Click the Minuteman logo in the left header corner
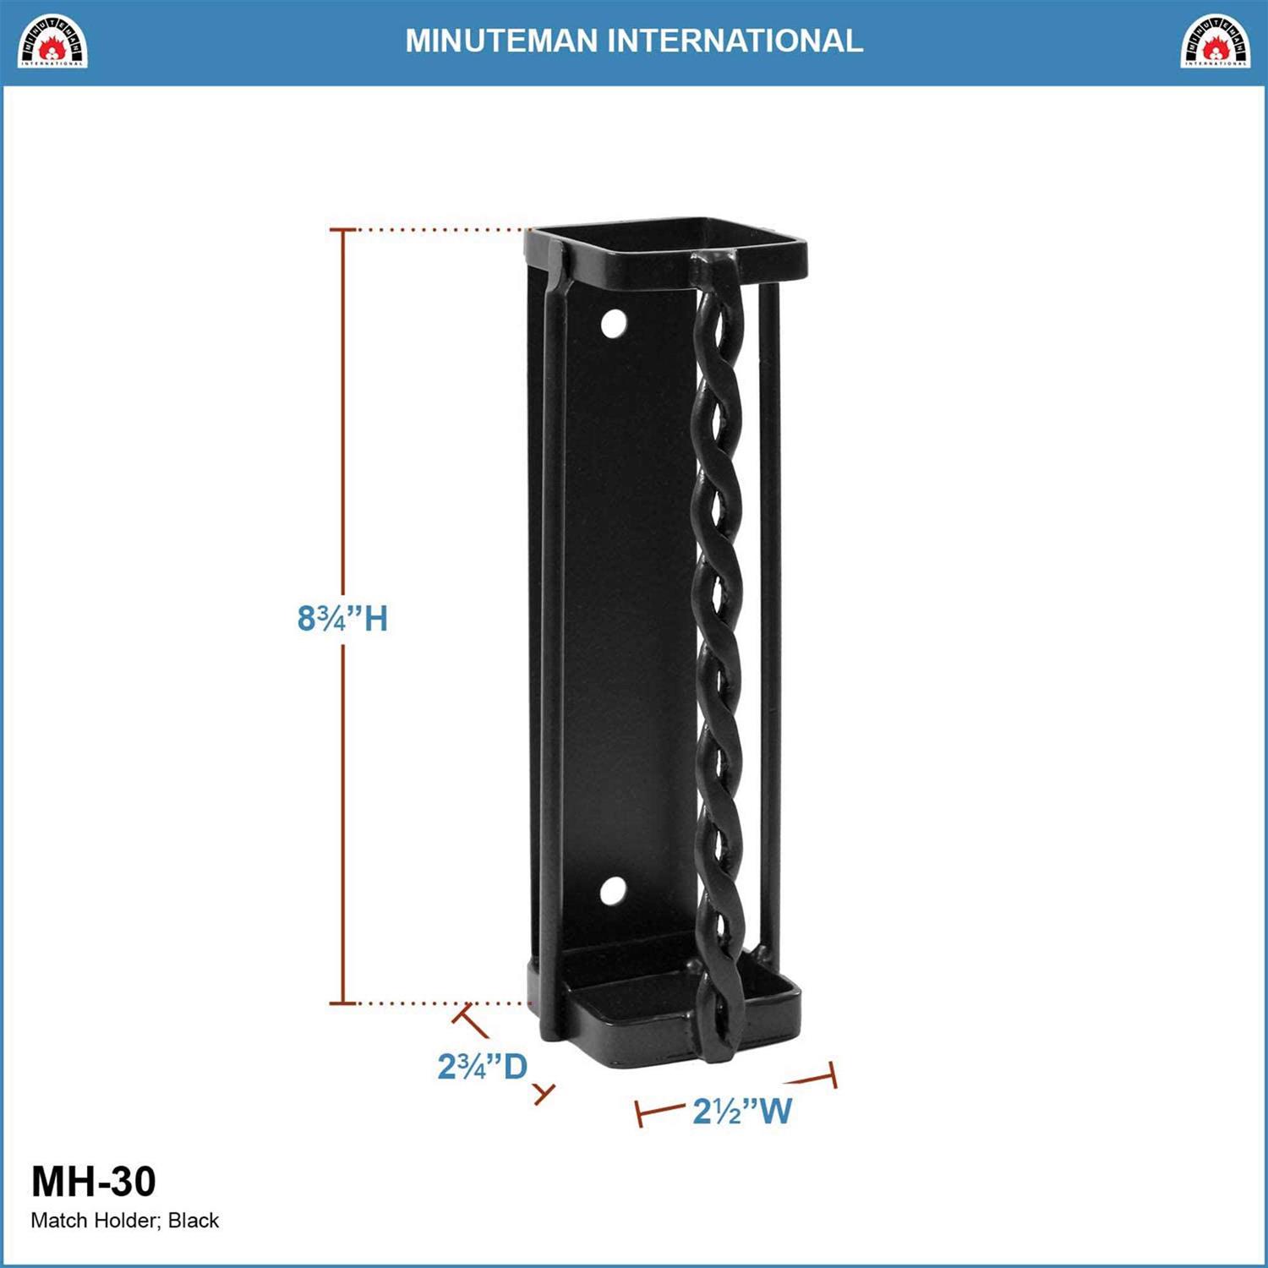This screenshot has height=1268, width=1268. tap(53, 41)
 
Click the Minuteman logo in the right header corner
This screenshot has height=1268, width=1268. tap(1215, 41)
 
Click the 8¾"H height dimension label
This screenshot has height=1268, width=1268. tap(342, 619)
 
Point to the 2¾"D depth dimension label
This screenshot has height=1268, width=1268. tap(482, 1067)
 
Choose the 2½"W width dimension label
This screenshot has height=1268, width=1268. tap(742, 1111)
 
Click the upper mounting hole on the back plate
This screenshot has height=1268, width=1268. tap(614, 324)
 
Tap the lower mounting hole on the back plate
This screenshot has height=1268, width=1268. tap(613, 890)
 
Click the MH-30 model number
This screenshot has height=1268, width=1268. tap(94, 1181)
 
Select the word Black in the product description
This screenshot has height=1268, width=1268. tap(194, 1221)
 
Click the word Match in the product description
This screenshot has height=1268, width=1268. tap(58, 1221)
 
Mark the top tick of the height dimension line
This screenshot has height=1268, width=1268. tap(342, 229)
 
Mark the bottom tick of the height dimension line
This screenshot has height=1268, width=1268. tap(342, 1003)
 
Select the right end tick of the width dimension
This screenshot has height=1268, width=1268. tap(832, 1074)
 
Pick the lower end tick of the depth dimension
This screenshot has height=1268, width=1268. tap(544, 1094)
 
